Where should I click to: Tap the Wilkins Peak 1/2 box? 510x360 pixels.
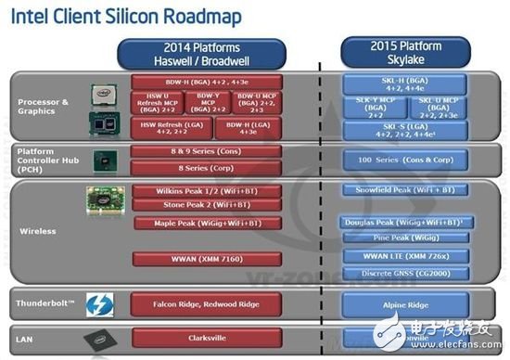pyautogui.click(x=194, y=189)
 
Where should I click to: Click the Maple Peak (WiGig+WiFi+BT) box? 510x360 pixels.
pyautogui.click(x=194, y=223)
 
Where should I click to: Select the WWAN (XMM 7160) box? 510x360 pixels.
pyautogui.click(x=194, y=259)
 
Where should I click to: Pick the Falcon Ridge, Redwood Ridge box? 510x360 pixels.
pyautogui.click(x=194, y=303)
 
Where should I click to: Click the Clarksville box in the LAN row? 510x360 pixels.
pyautogui.click(x=194, y=339)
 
